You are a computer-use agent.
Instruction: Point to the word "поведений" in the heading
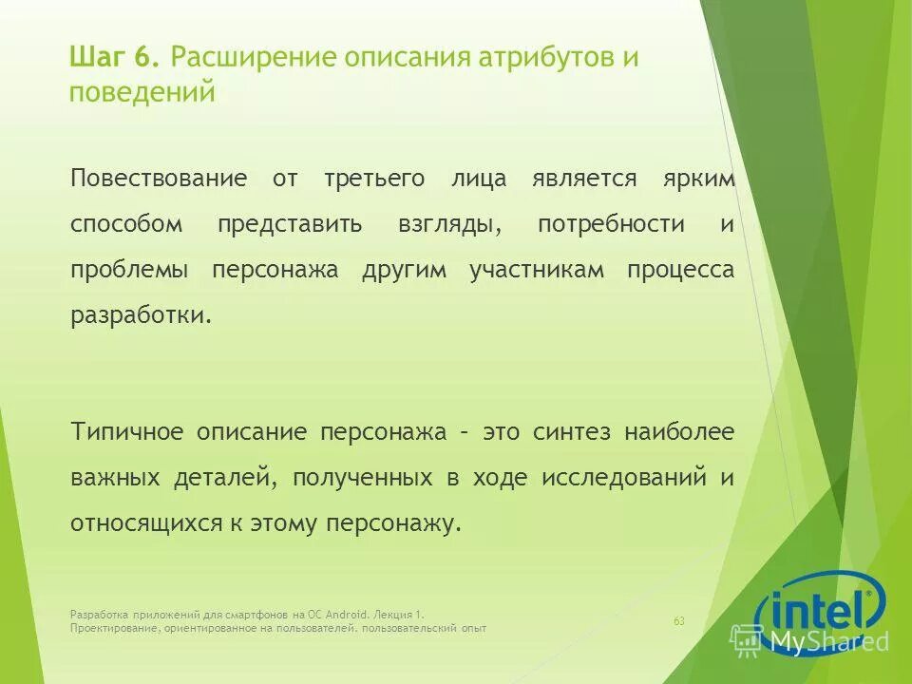(x=142, y=92)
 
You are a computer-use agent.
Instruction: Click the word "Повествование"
(x=159, y=179)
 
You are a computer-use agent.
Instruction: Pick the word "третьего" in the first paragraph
(x=372, y=179)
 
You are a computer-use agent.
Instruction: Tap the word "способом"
(x=125, y=224)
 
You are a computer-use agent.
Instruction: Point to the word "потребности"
(x=611, y=224)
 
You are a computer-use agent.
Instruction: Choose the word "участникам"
(x=537, y=270)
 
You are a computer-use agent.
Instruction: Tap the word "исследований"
(x=624, y=478)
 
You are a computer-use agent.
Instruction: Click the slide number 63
(x=679, y=621)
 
